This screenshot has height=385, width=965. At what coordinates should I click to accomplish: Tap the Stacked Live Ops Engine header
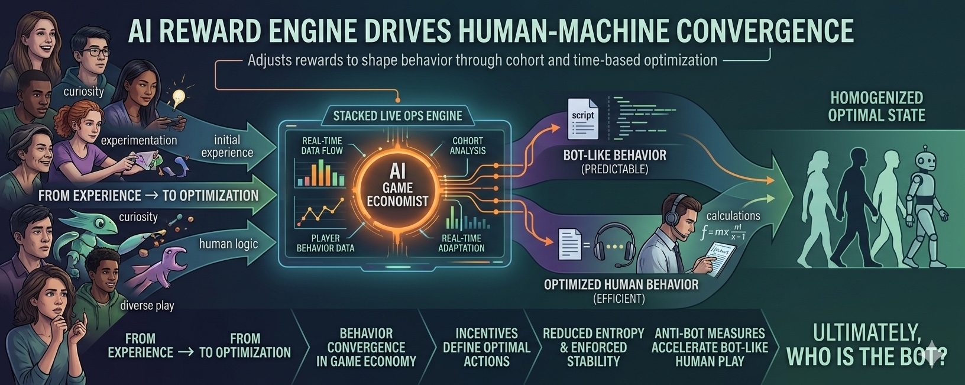(x=397, y=115)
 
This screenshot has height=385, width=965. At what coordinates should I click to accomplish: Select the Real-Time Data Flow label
(x=322, y=145)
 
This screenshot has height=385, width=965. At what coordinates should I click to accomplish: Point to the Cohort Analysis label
(x=467, y=145)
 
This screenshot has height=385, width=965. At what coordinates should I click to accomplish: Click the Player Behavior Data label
(x=325, y=243)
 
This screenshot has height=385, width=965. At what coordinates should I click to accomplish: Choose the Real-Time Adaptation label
(x=461, y=243)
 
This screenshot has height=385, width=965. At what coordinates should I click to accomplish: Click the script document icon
(x=582, y=117)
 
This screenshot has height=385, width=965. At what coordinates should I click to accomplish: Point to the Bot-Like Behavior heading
(x=614, y=156)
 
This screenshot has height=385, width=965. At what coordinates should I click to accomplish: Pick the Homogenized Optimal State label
(x=876, y=106)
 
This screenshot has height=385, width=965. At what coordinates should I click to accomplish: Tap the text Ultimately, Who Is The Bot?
(x=866, y=345)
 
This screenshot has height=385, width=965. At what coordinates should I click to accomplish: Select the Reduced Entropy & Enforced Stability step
(x=593, y=347)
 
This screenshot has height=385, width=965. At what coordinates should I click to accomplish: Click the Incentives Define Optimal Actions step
(x=486, y=347)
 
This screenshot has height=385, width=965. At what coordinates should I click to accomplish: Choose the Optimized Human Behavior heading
(x=621, y=284)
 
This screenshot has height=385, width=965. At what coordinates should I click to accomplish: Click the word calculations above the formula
(x=733, y=216)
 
